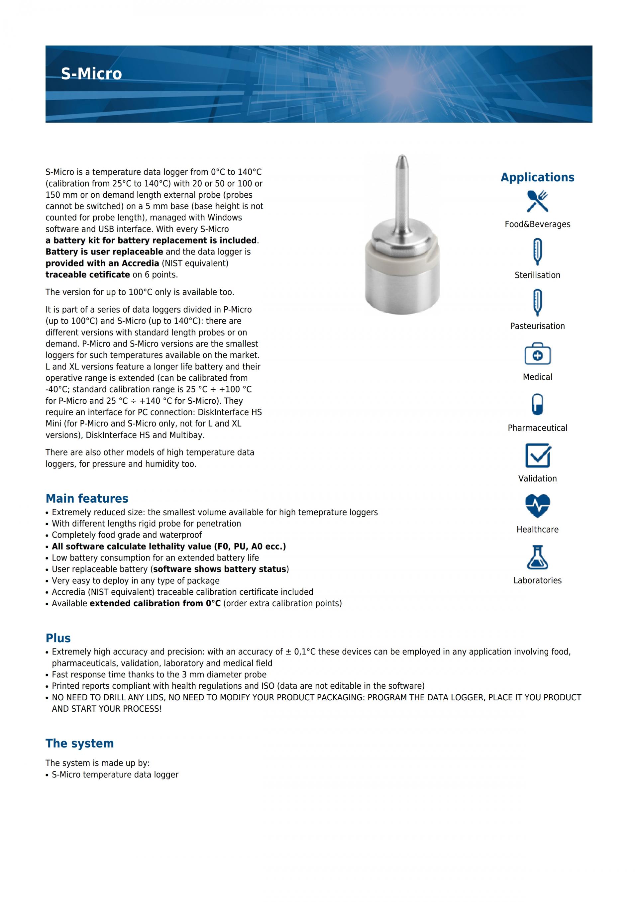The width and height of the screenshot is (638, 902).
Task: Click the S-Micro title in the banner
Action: click(x=91, y=74)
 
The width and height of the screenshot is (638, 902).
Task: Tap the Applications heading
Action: click(x=537, y=177)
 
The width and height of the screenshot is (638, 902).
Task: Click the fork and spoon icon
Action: click(x=537, y=201)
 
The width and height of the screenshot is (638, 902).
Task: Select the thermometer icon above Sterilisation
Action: click(x=537, y=251)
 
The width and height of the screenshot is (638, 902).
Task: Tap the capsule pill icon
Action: click(x=537, y=404)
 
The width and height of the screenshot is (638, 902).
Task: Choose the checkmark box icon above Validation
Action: click(x=537, y=455)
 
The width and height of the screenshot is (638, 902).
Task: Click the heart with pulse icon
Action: click(x=537, y=506)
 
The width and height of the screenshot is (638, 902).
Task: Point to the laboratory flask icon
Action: click(x=537, y=557)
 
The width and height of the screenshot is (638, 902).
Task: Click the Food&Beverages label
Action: click(x=537, y=224)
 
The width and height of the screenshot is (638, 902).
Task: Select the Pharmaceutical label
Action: click(x=537, y=428)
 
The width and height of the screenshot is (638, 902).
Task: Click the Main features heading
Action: click(x=87, y=499)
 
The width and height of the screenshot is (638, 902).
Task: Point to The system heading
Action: click(x=79, y=743)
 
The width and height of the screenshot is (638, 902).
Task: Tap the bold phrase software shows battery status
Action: click(x=219, y=569)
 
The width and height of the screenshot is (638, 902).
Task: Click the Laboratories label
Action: click(x=537, y=580)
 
